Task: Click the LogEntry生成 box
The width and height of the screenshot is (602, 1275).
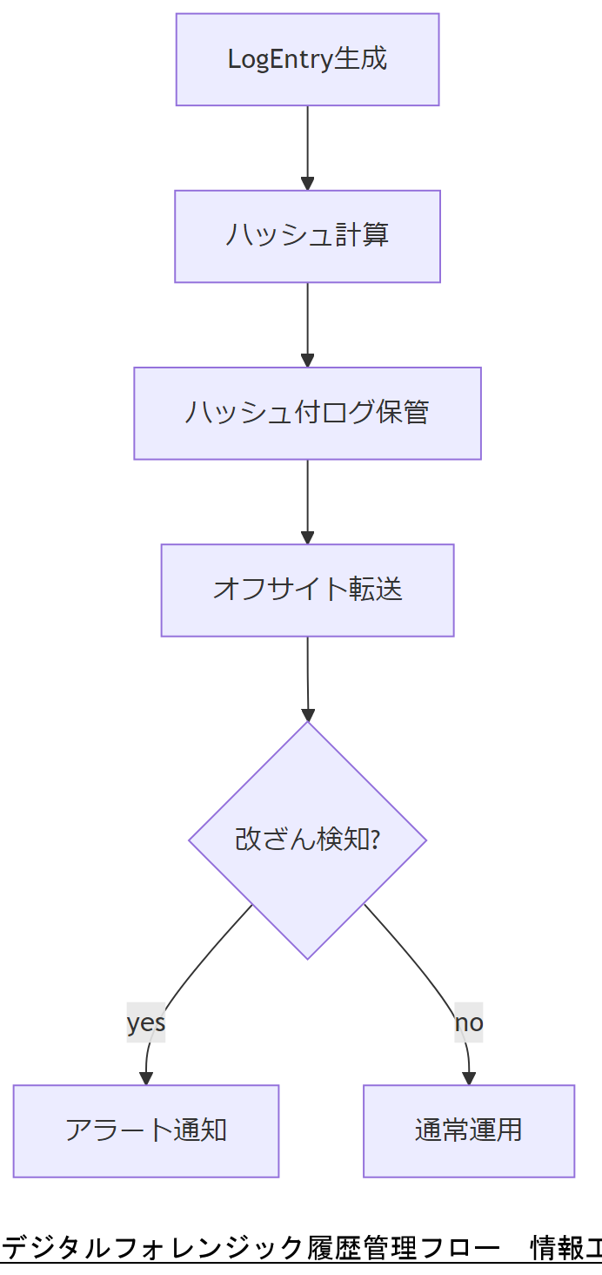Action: tap(307, 59)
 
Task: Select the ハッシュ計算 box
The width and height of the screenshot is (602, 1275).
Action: tap(307, 236)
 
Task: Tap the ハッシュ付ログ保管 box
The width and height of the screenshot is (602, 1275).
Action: tap(307, 413)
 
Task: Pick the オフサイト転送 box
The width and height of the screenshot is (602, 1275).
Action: tap(307, 590)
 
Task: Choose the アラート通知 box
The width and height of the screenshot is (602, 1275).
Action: tap(146, 1130)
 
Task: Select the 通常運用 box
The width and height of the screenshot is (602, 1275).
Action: tap(469, 1130)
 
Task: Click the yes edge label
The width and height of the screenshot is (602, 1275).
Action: tap(146, 1022)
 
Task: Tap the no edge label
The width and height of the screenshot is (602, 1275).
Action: tap(469, 1022)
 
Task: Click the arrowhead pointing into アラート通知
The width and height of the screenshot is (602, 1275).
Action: tap(146, 1079)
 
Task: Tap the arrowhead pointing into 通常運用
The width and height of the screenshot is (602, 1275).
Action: tap(469, 1079)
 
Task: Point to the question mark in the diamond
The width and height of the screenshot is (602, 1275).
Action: tap(375, 840)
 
